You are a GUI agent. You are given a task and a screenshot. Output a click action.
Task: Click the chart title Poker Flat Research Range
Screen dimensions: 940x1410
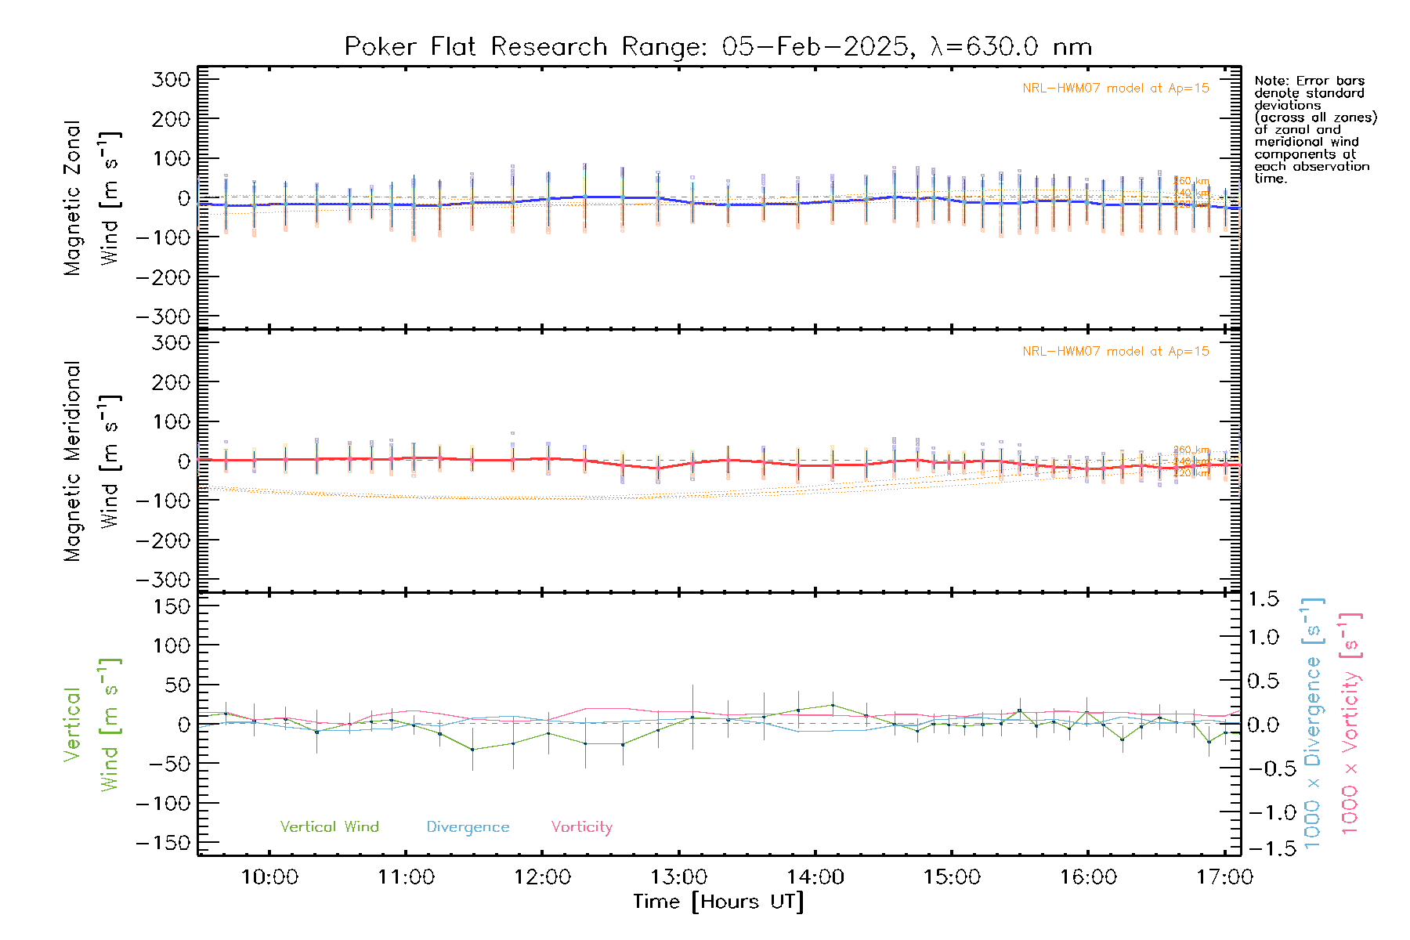(718, 47)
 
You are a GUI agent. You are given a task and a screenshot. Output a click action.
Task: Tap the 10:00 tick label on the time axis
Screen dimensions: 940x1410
(269, 877)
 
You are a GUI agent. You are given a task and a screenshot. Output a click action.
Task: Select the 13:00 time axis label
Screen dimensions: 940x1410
(679, 877)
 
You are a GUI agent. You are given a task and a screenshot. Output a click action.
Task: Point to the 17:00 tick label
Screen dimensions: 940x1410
(1224, 877)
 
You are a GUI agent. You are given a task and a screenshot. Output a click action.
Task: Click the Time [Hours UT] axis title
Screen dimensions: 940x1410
(718, 902)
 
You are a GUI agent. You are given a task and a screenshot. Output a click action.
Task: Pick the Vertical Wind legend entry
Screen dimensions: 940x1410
(329, 827)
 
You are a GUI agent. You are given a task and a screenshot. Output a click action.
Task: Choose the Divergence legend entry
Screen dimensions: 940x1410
(468, 827)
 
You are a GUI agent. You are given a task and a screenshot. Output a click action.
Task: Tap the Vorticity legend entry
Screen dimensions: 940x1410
(581, 827)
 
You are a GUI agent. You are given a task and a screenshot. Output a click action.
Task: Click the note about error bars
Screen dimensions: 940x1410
(1314, 129)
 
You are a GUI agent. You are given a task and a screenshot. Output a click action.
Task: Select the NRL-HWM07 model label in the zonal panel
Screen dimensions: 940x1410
(1115, 89)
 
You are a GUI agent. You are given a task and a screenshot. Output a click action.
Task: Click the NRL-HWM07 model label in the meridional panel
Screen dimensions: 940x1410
(1115, 352)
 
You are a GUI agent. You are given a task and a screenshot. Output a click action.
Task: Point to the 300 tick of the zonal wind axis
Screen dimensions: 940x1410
(171, 79)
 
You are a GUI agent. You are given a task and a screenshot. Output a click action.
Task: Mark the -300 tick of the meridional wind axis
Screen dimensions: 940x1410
(164, 580)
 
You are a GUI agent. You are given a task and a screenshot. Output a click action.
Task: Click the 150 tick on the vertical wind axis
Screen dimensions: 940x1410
(171, 606)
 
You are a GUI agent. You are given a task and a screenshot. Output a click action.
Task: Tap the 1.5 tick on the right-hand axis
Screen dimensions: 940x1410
(1264, 599)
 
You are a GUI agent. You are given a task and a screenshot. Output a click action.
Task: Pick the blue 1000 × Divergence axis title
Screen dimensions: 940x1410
(1313, 722)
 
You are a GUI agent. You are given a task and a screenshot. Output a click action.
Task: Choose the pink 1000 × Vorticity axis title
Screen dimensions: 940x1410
(1350, 722)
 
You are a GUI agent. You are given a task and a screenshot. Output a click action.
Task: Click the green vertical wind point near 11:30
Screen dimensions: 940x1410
(472, 750)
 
